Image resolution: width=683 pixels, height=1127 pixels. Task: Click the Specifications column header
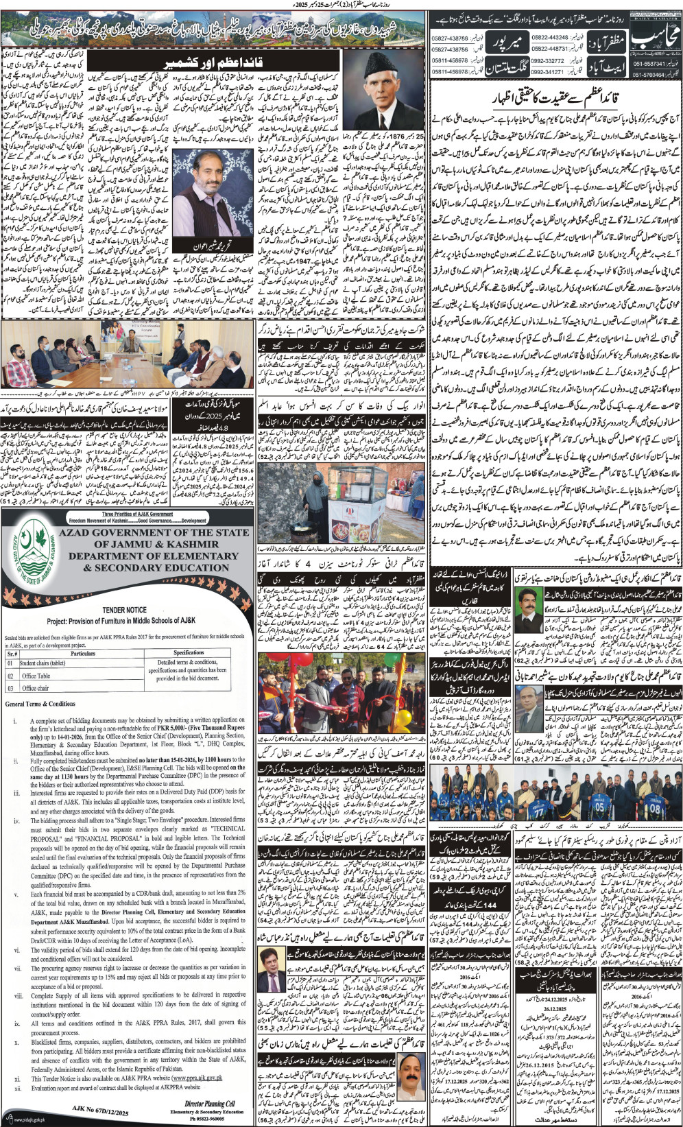coord(189,653)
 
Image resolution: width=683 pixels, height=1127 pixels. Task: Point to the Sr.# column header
coord(12,653)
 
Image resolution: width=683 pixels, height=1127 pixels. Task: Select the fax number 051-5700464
coord(647,75)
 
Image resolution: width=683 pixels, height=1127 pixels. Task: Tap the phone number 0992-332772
coord(547,61)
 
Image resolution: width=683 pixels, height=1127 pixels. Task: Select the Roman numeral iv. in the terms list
coord(16,820)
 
